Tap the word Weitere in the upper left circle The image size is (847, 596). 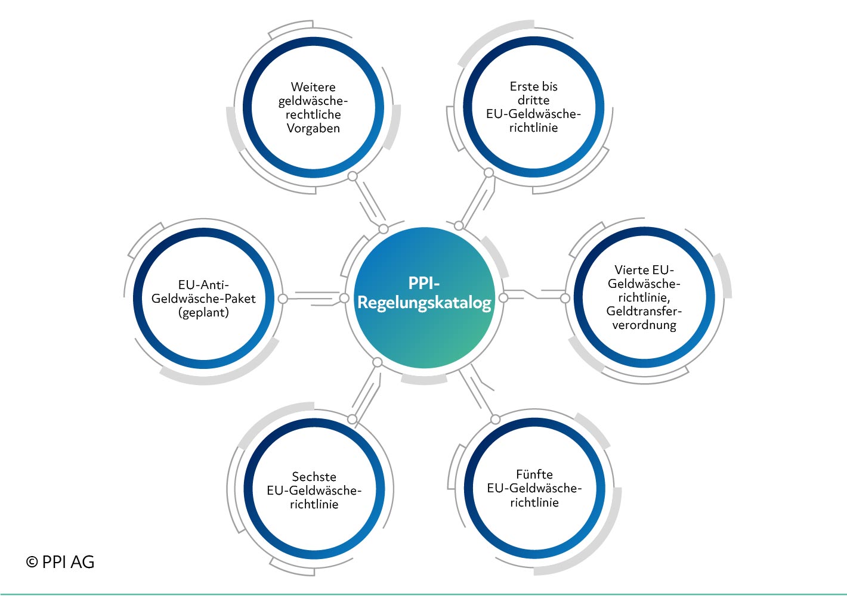[313, 87]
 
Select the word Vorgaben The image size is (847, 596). [313, 129]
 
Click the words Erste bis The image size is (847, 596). [533, 86]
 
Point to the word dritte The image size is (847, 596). [533, 100]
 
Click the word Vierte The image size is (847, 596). [631, 270]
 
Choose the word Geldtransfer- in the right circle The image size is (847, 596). [644, 311]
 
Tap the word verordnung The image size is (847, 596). [644, 325]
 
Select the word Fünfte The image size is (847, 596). [534, 474]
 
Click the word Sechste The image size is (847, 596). [314, 477]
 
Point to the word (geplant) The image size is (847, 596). [203, 312]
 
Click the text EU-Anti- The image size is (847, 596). [203, 284]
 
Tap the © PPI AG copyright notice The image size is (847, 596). [60, 562]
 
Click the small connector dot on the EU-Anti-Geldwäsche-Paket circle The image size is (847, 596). [283, 299]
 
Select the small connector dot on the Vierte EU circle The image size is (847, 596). [565, 298]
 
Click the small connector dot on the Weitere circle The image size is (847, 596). [353, 176]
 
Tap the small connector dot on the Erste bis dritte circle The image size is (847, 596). [489, 173]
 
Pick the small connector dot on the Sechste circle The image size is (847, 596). [352, 419]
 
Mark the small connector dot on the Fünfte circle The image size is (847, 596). [495, 420]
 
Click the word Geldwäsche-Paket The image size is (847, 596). [203, 299]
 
